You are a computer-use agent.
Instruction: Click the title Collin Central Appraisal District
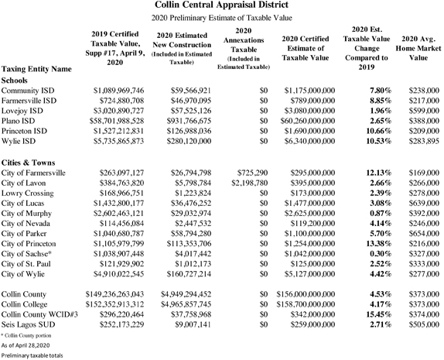tap(221, 6)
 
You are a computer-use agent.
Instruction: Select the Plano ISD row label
tap(20, 122)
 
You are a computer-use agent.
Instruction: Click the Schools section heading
tap(19, 79)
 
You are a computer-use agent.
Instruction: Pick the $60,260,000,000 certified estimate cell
tap(306, 122)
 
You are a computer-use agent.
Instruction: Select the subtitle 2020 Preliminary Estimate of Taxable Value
tap(221, 19)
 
